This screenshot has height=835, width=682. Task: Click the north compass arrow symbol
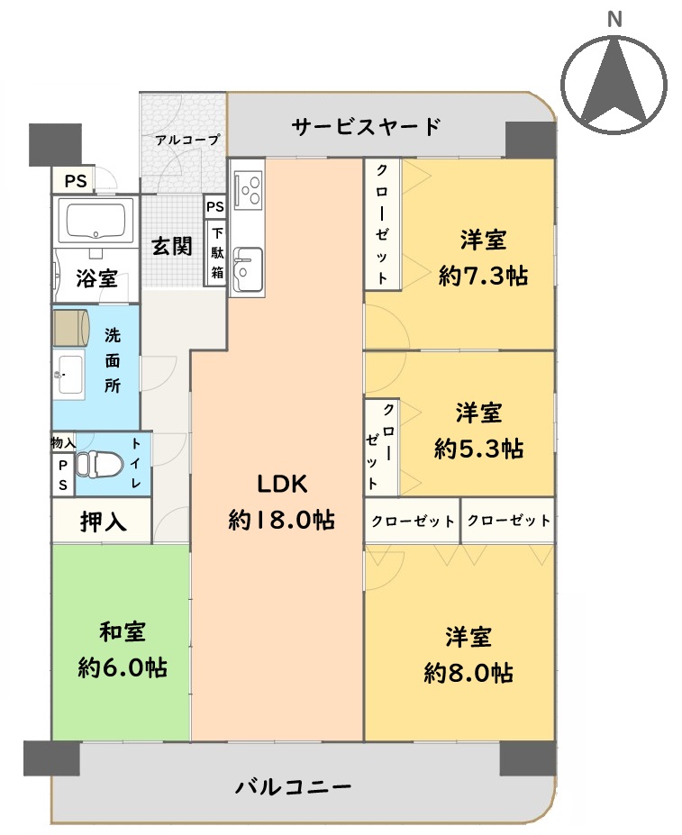pos(614,84)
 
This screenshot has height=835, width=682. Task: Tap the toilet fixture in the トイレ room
pos(95,464)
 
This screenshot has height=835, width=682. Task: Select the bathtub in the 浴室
pos(95,219)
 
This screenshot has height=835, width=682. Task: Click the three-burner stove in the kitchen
pos(249,187)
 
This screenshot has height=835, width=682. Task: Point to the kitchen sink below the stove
pos(248,269)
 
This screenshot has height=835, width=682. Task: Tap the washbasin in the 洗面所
pos(69,375)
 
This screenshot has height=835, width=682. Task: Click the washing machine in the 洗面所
pos(70,326)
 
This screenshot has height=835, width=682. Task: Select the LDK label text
pos(282,484)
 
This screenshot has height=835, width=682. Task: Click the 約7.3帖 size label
pos(483,277)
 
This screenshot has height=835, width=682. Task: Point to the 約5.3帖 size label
pos(478,449)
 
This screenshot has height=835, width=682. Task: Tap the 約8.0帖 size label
pos(468,673)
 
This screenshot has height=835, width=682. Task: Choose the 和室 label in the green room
pos(123,631)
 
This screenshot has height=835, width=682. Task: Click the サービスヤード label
pos(366,127)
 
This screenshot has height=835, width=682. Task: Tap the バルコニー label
pos(293,786)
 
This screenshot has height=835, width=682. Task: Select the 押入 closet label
pos(104,522)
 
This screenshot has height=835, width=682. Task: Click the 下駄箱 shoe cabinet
pos(217,253)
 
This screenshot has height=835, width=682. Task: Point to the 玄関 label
pos(171,246)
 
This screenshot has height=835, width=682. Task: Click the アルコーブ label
pos(187,140)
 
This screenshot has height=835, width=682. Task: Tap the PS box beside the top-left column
pos(75,181)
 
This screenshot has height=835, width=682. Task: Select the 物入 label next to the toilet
pos(63,442)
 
